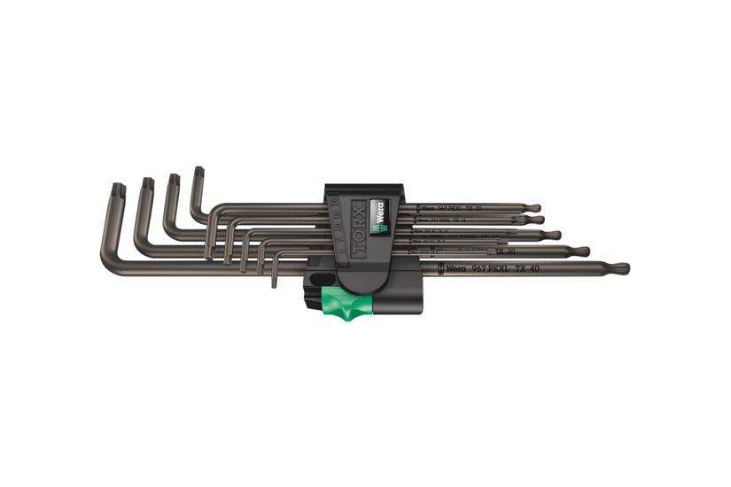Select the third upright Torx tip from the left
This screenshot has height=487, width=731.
coord(174,179)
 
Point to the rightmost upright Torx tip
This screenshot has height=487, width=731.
coord(198,172)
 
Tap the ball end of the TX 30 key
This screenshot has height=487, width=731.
coord(581,251)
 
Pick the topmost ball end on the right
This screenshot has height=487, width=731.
coord(535,208)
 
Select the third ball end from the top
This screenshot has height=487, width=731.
coord(554,235)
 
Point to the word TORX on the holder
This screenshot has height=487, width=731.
coord(357,228)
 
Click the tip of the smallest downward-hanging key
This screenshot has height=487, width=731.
coord(275,283)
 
